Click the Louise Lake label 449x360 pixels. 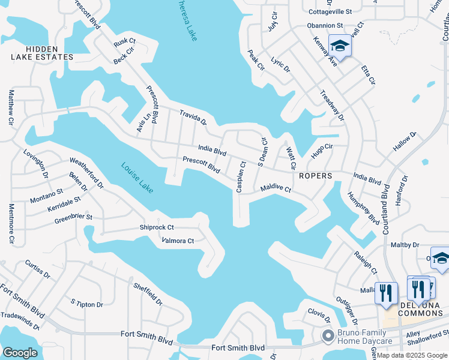137,178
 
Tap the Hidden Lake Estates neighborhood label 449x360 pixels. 42,53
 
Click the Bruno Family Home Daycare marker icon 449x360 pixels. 328,336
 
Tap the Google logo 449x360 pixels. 20,352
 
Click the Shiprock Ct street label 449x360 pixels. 157,227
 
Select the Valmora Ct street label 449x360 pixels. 178,241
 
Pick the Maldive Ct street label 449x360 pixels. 276,189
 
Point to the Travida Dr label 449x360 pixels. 193,117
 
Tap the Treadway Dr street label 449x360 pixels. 332,106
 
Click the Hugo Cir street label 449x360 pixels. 322,151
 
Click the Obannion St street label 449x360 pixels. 325,26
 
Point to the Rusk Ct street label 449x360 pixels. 125,43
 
